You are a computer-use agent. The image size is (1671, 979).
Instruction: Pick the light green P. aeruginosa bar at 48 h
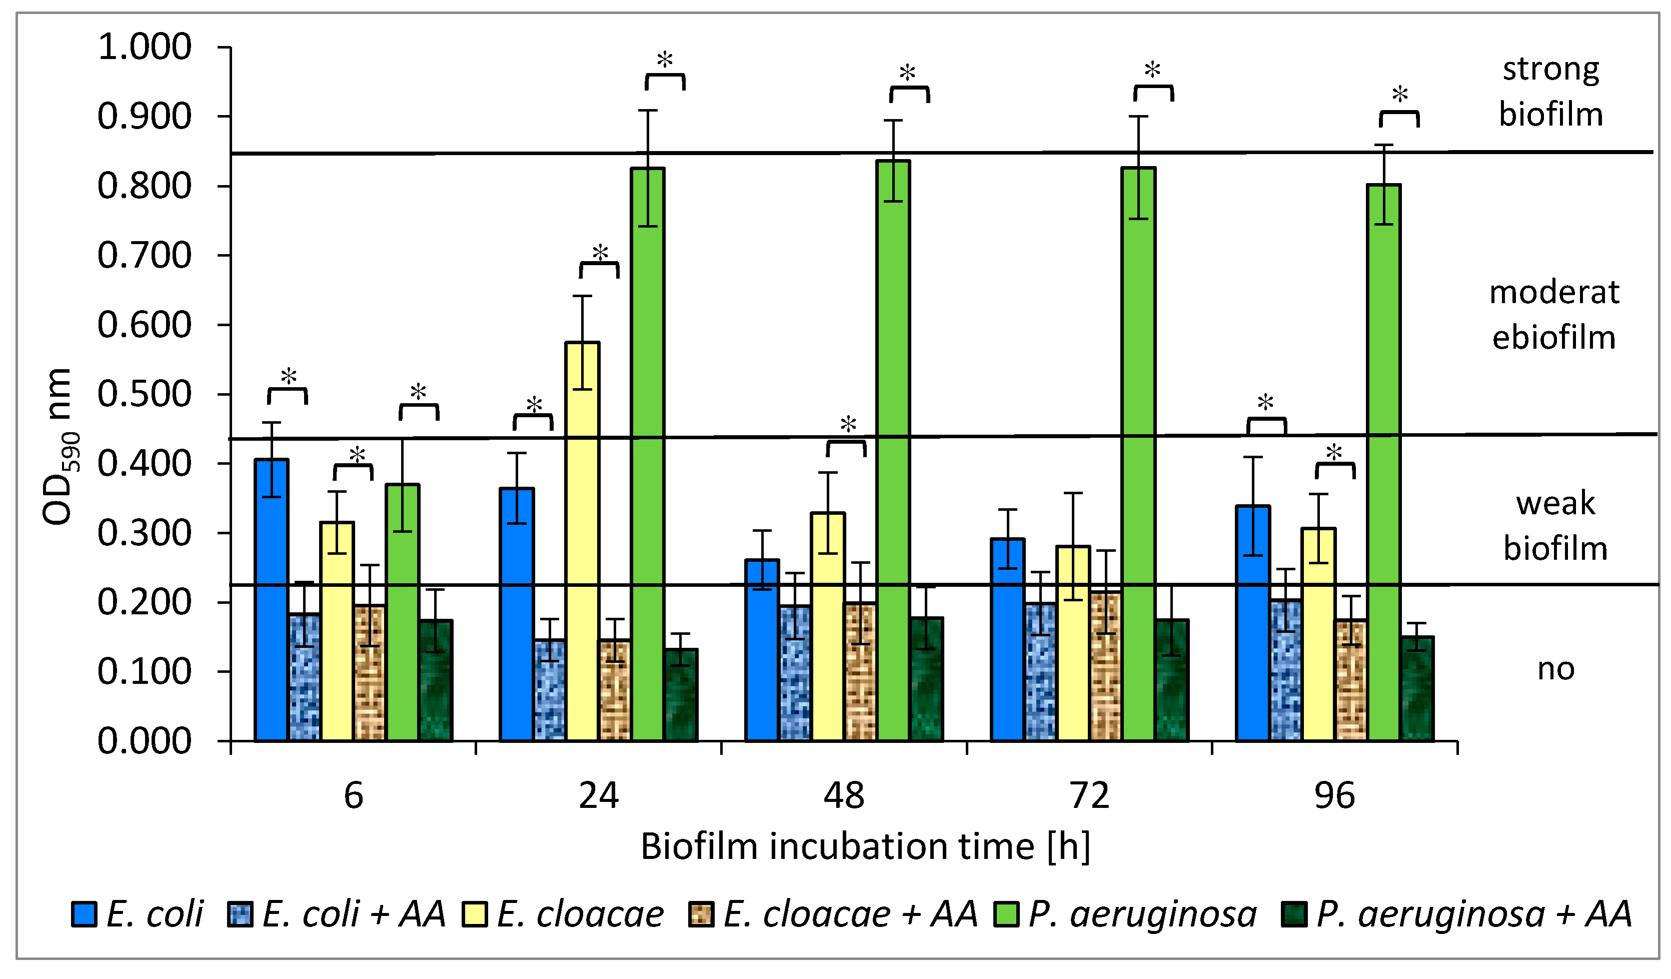click(x=893, y=451)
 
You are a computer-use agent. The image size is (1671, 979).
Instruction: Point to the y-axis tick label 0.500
click(x=145, y=394)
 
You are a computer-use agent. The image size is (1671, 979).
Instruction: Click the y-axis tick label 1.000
click(x=145, y=47)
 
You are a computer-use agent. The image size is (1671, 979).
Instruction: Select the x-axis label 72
click(x=1089, y=795)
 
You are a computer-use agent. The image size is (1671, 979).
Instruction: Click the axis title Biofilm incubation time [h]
click(x=865, y=847)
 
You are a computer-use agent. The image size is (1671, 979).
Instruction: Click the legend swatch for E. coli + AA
click(x=240, y=914)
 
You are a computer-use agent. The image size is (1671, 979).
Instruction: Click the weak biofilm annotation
click(x=1555, y=525)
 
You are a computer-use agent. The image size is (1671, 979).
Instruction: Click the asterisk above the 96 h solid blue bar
click(x=1265, y=403)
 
